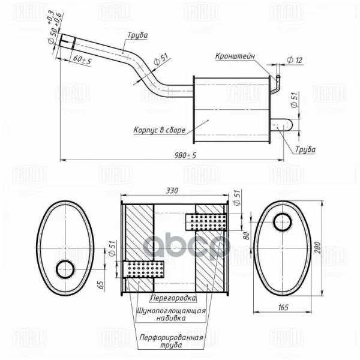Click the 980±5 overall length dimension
point(185,155)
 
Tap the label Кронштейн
point(235,56)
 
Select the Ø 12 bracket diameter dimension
point(295,60)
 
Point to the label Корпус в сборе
point(160,130)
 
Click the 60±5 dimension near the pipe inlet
point(82,59)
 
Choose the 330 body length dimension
point(172,191)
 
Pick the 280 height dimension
point(317,247)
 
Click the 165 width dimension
point(283,307)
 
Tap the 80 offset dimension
point(246,236)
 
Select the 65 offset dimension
point(101,285)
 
